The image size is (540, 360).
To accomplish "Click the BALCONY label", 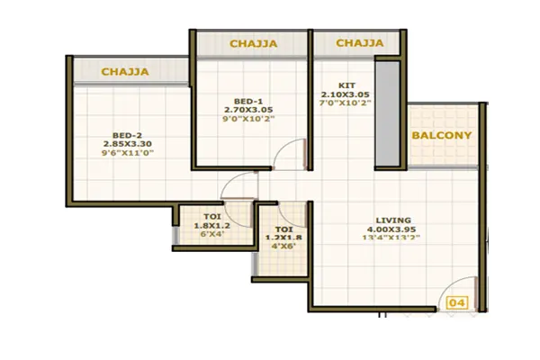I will tap(441, 136).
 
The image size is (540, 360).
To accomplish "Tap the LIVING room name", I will tap(393, 220).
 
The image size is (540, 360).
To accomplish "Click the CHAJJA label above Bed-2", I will tap(124, 71).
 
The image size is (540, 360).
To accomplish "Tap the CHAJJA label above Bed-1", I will tap(253, 43).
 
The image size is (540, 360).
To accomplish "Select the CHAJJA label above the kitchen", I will tap(360, 43).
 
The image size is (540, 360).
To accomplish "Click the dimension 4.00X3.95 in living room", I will tap(393, 229).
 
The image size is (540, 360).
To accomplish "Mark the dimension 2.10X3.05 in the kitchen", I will tap(345, 93).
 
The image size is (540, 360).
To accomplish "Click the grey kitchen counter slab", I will tap(387, 112).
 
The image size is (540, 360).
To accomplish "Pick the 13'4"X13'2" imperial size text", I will tap(393, 240).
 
